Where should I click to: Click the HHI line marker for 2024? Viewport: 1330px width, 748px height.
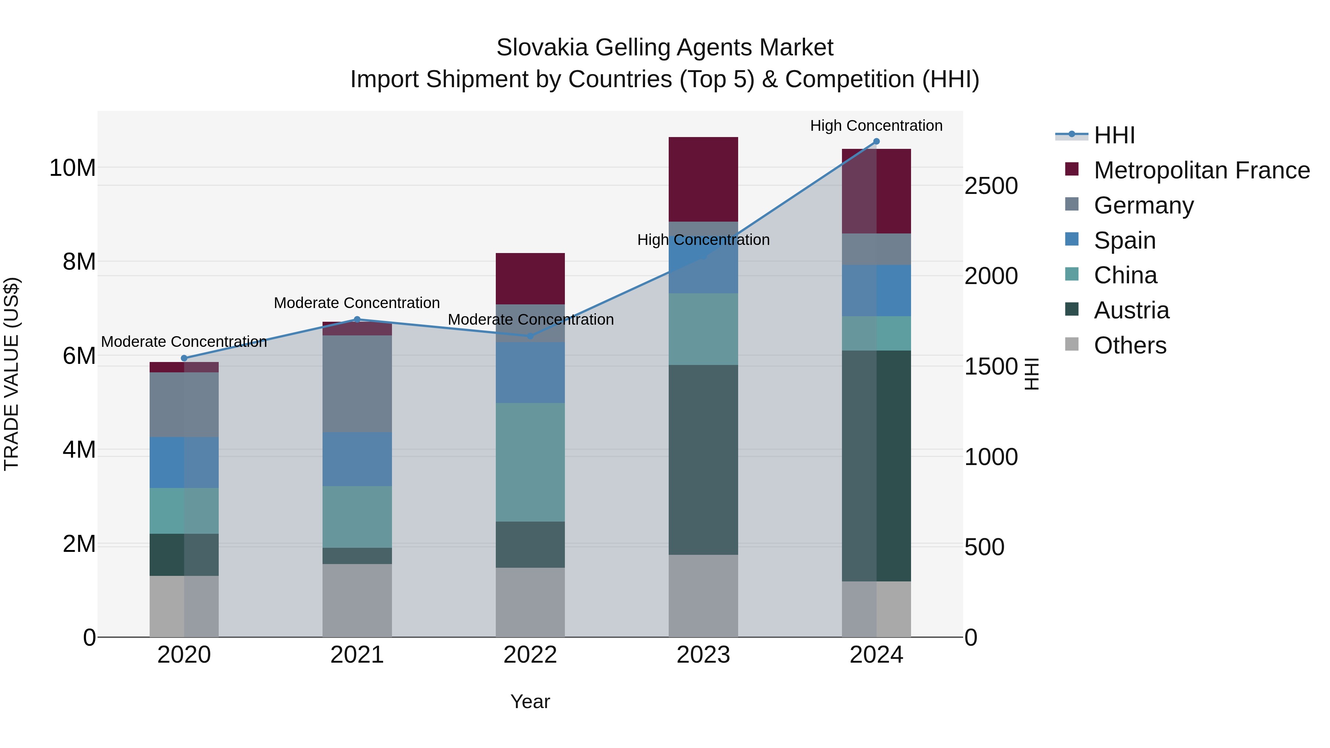tap(876, 141)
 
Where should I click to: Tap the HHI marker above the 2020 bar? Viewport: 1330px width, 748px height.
tap(184, 358)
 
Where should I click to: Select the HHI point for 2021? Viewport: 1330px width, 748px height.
tap(357, 320)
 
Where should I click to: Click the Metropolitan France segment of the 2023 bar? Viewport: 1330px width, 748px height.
tap(703, 179)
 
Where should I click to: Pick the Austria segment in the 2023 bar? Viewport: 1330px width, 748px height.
tap(703, 460)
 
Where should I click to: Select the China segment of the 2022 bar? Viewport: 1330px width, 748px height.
tap(530, 462)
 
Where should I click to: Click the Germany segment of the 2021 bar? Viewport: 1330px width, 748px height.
tap(357, 383)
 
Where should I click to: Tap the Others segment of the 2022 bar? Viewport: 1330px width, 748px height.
tap(530, 602)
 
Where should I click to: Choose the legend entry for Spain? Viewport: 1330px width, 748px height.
tap(1125, 240)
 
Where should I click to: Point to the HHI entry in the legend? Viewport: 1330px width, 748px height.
tap(1114, 135)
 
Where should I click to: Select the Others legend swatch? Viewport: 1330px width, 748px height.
tap(1072, 344)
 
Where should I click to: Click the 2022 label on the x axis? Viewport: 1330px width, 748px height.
tap(530, 655)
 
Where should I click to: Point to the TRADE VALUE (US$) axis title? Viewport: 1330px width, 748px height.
tap(11, 374)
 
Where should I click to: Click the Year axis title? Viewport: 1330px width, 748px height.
tap(530, 701)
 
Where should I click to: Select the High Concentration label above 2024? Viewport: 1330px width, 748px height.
tap(876, 126)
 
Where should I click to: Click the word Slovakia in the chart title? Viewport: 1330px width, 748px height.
tap(542, 48)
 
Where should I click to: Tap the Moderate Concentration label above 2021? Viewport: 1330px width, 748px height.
tap(357, 303)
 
